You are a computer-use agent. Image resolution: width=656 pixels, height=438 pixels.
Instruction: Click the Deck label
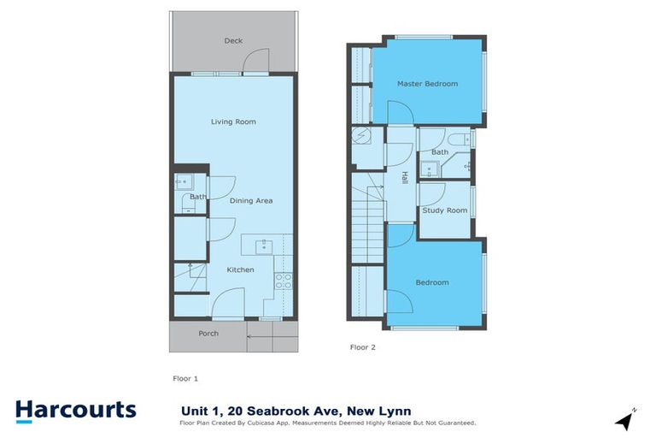(x=233, y=40)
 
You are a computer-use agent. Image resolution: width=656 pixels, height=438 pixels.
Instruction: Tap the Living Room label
(x=233, y=121)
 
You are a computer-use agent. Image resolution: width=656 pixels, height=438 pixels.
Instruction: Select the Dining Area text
(x=251, y=200)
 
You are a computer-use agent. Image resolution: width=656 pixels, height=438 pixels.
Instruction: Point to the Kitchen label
(x=240, y=269)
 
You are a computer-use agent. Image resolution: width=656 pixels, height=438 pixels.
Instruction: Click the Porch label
(x=208, y=333)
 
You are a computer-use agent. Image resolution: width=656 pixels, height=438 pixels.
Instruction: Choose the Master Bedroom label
(x=427, y=84)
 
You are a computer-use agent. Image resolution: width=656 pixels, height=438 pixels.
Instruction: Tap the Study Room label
(x=445, y=210)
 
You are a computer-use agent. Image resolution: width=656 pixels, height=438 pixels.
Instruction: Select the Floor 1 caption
(x=185, y=376)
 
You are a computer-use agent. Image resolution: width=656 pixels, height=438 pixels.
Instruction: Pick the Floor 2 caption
(x=363, y=347)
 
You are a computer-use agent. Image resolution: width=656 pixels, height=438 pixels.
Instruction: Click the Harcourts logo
(x=75, y=410)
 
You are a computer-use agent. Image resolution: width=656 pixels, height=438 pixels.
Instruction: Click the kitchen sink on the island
(x=264, y=246)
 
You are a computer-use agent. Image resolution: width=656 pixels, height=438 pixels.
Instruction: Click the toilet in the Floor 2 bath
(x=456, y=139)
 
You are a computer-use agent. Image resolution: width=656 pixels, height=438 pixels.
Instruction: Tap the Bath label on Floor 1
(x=198, y=197)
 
